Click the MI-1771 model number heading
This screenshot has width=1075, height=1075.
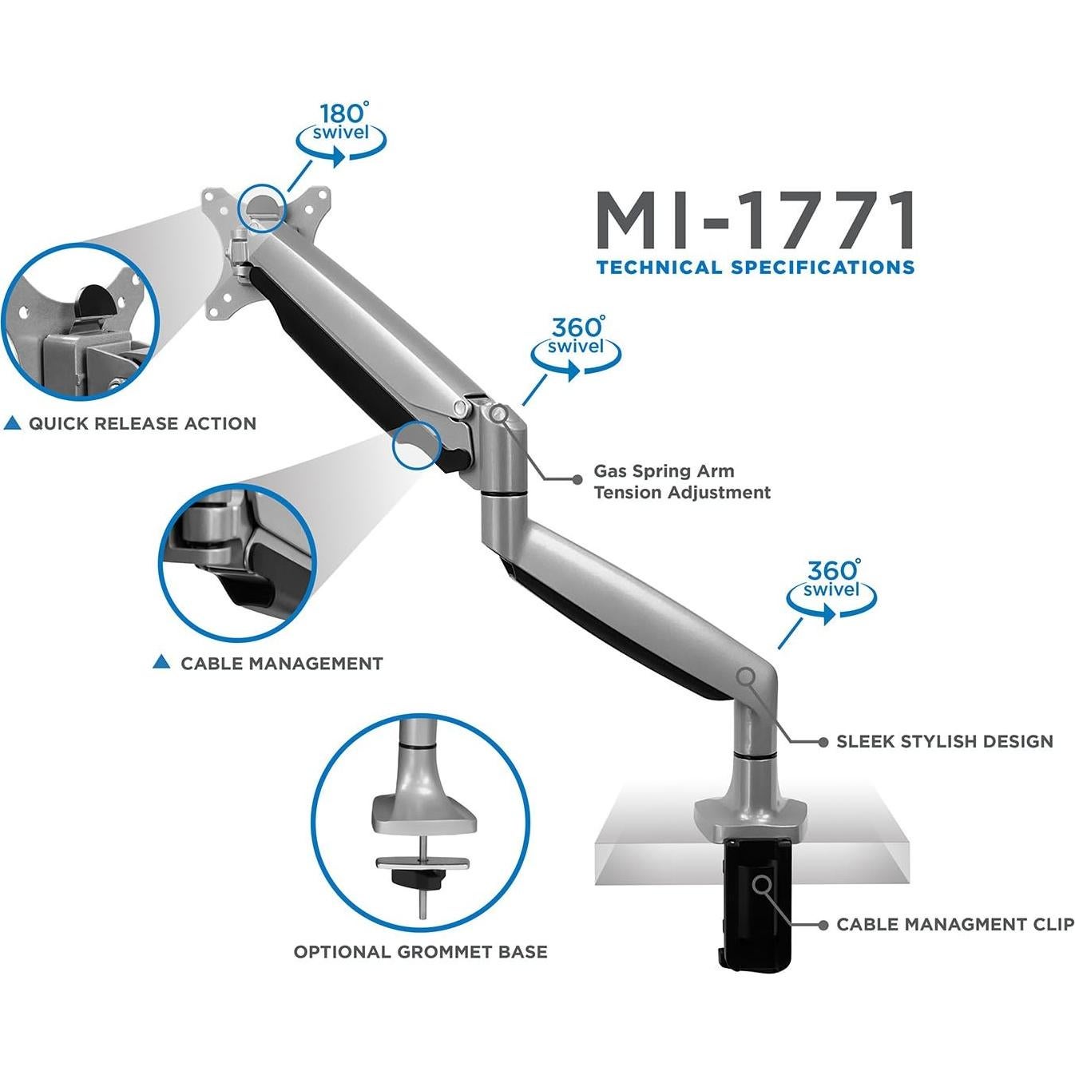[755, 222]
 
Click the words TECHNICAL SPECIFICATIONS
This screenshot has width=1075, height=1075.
[755, 268]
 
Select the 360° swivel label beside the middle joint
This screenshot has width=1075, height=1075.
[576, 338]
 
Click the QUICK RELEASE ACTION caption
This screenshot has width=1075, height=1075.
[142, 424]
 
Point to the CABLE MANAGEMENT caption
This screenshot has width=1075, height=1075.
[281, 664]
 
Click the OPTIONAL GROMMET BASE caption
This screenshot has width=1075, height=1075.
[420, 952]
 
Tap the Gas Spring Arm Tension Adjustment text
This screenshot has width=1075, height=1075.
[681, 482]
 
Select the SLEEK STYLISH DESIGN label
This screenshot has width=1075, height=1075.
[944, 742]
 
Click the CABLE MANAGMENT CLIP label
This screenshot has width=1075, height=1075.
[954, 925]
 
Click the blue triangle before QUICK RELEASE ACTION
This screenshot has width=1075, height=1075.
[12, 424]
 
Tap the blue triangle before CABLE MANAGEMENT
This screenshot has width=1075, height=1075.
[161, 662]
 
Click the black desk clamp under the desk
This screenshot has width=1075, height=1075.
[754, 902]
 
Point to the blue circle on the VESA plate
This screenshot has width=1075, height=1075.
[262, 207]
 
